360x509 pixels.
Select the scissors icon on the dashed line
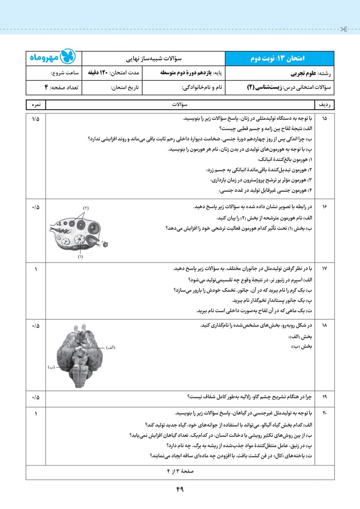pyautogui.click(x=343, y=30)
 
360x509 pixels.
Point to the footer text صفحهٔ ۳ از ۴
pyautogui.click(x=180, y=471)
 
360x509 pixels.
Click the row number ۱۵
pyautogui.click(x=325, y=119)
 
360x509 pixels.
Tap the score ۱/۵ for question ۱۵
pyautogui.click(x=36, y=119)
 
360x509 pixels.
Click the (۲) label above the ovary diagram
pyautogui.click(x=86, y=208)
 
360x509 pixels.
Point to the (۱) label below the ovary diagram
pyautogui.click(x=80, y=257)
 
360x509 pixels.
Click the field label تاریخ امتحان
pyautogui.click(x=126, y=88)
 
